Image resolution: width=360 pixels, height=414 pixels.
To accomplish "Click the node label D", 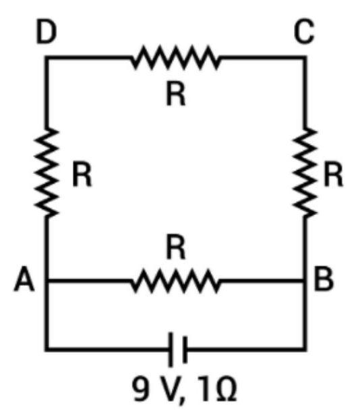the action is pos(47,32).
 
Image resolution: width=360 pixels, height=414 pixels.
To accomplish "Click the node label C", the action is pos(304,32).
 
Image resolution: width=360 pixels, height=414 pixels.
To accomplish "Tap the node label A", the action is pos(24,278).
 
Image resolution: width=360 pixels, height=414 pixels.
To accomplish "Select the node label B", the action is pos(324,278).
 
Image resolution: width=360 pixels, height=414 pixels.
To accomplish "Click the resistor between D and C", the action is pos(175,57).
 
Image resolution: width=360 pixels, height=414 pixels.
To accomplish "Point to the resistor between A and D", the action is pos(47,173).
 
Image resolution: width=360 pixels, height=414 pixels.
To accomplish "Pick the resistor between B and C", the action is pos(305,173).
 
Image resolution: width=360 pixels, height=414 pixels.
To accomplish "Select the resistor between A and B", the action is pos(175,281).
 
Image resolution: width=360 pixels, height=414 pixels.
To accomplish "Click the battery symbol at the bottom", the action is pos(178,349).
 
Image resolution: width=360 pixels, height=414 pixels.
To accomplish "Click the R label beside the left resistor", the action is pos(82,175).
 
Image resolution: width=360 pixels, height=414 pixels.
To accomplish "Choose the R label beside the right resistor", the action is pos(333,175).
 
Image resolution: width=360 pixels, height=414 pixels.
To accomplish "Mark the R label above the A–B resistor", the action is pos(176,247).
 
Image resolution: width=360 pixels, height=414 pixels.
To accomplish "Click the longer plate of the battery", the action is pos(171,349).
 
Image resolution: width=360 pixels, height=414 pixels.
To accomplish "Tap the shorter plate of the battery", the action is pos(185,349).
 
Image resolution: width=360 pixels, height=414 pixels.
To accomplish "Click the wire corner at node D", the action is pos(47,57).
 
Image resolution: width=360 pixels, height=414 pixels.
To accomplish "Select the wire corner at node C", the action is pos(305,57).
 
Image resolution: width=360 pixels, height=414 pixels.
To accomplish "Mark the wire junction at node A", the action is pos(47,281).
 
